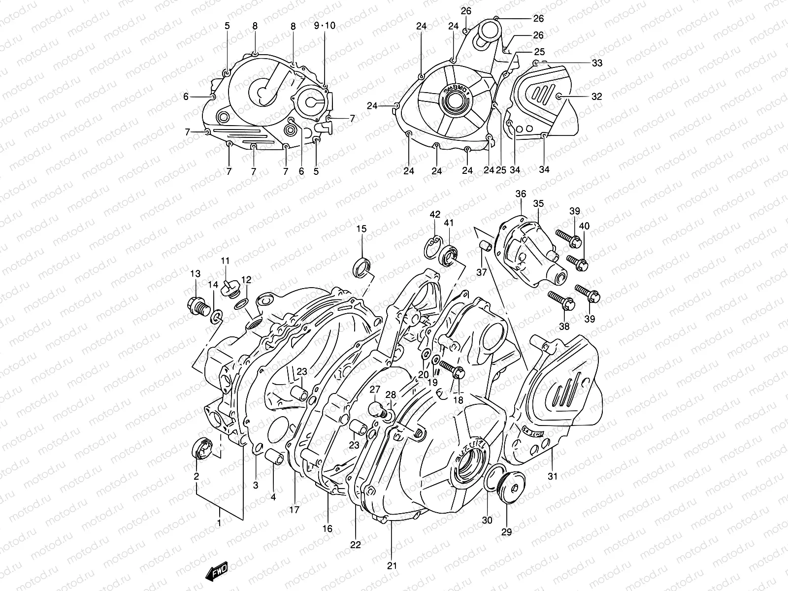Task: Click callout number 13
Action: tap(195, 273)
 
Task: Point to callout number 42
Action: tap(434, 215)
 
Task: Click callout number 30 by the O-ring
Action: tap(487, 520)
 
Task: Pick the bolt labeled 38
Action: tap(560, 301)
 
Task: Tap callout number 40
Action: tap(584, 226)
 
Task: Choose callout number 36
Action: tap(521, 194)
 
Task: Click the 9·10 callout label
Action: tap(325, 26)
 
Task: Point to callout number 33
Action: tap(597, 63)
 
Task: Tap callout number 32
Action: tap(596, 97)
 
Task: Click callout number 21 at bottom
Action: tap(392, 565)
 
